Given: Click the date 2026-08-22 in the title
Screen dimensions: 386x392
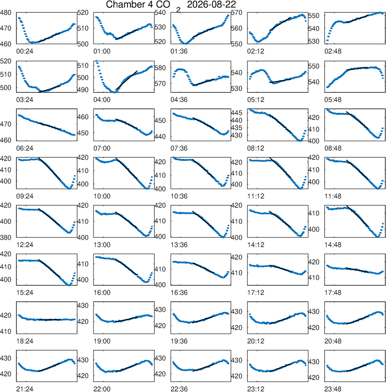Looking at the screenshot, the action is click(x=211, y=5).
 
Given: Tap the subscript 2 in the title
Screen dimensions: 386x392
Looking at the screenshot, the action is click(x=178, y=10).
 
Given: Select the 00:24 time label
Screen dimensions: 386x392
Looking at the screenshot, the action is click(x=25, y=51).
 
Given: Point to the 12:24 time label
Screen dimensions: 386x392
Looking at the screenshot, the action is click(x=25, y=244).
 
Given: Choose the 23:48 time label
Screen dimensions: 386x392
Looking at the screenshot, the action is click(x=333, y=389).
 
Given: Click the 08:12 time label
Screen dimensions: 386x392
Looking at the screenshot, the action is click(x=256, y=148).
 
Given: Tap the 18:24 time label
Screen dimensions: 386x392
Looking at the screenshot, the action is click(x=25, y=341).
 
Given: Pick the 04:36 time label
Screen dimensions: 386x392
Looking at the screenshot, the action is click(x=179, y=100).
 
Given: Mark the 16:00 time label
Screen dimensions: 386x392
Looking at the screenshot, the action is click(x=102, y=293).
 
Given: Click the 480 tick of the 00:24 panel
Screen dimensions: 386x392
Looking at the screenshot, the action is click(x=5, y=12).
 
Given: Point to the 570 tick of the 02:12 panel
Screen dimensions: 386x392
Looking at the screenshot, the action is click(x=237, y=12).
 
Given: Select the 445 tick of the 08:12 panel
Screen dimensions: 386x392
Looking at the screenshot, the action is click(x=237, y=113).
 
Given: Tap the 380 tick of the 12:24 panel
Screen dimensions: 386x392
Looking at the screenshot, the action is click(x=5, y=237).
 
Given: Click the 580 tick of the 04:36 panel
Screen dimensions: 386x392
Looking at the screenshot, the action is click(x=160, y=68).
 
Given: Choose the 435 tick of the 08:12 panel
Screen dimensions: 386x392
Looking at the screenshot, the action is click(x=237, y=128).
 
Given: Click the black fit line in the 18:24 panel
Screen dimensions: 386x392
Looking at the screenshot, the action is click(x=49, y=320).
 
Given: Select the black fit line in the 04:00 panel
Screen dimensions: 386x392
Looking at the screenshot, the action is click(x=126, y=80).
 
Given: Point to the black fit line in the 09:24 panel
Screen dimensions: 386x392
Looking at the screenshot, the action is click(x=49, y=169).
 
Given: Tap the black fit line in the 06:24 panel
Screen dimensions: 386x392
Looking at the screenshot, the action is click(x=49, y=126).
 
